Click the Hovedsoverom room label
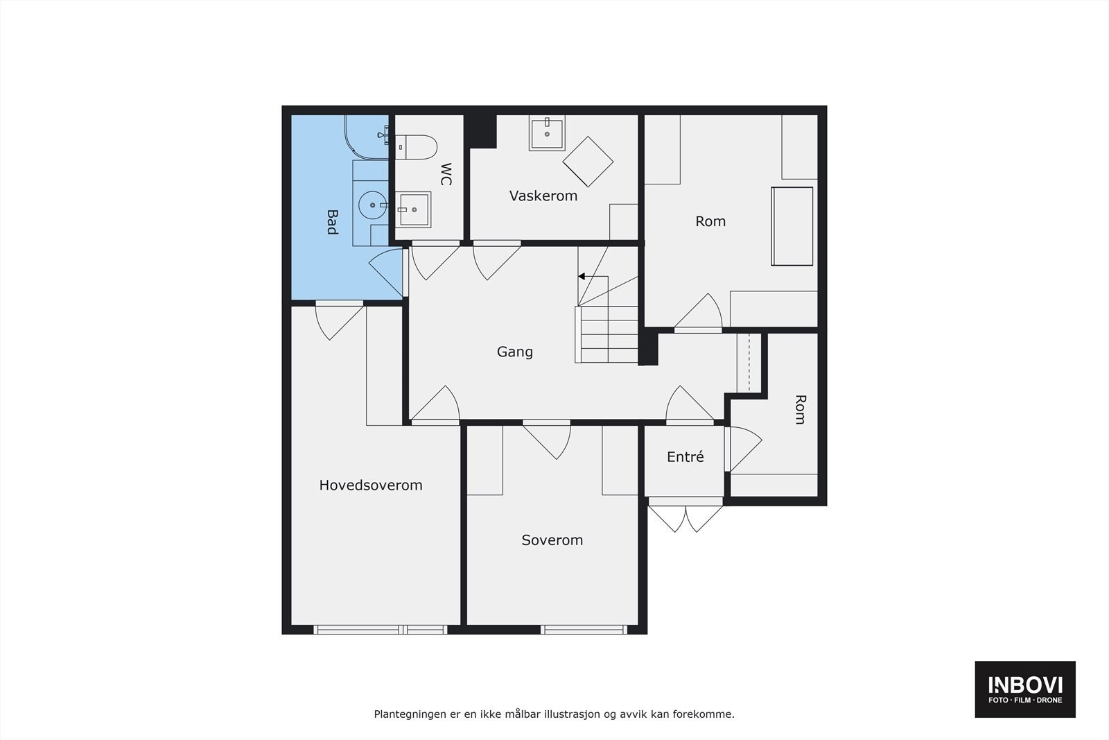371,485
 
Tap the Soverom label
552,540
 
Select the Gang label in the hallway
515,352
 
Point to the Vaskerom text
543,196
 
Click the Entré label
686,456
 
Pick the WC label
446,174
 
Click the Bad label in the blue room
332,222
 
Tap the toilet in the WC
417,147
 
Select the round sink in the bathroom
372,205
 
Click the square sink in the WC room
413,209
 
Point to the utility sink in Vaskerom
547,132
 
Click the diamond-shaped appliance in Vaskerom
588,162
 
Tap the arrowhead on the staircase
582,277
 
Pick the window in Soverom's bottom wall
584,630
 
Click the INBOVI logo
1025,689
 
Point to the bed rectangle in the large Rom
792,226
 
